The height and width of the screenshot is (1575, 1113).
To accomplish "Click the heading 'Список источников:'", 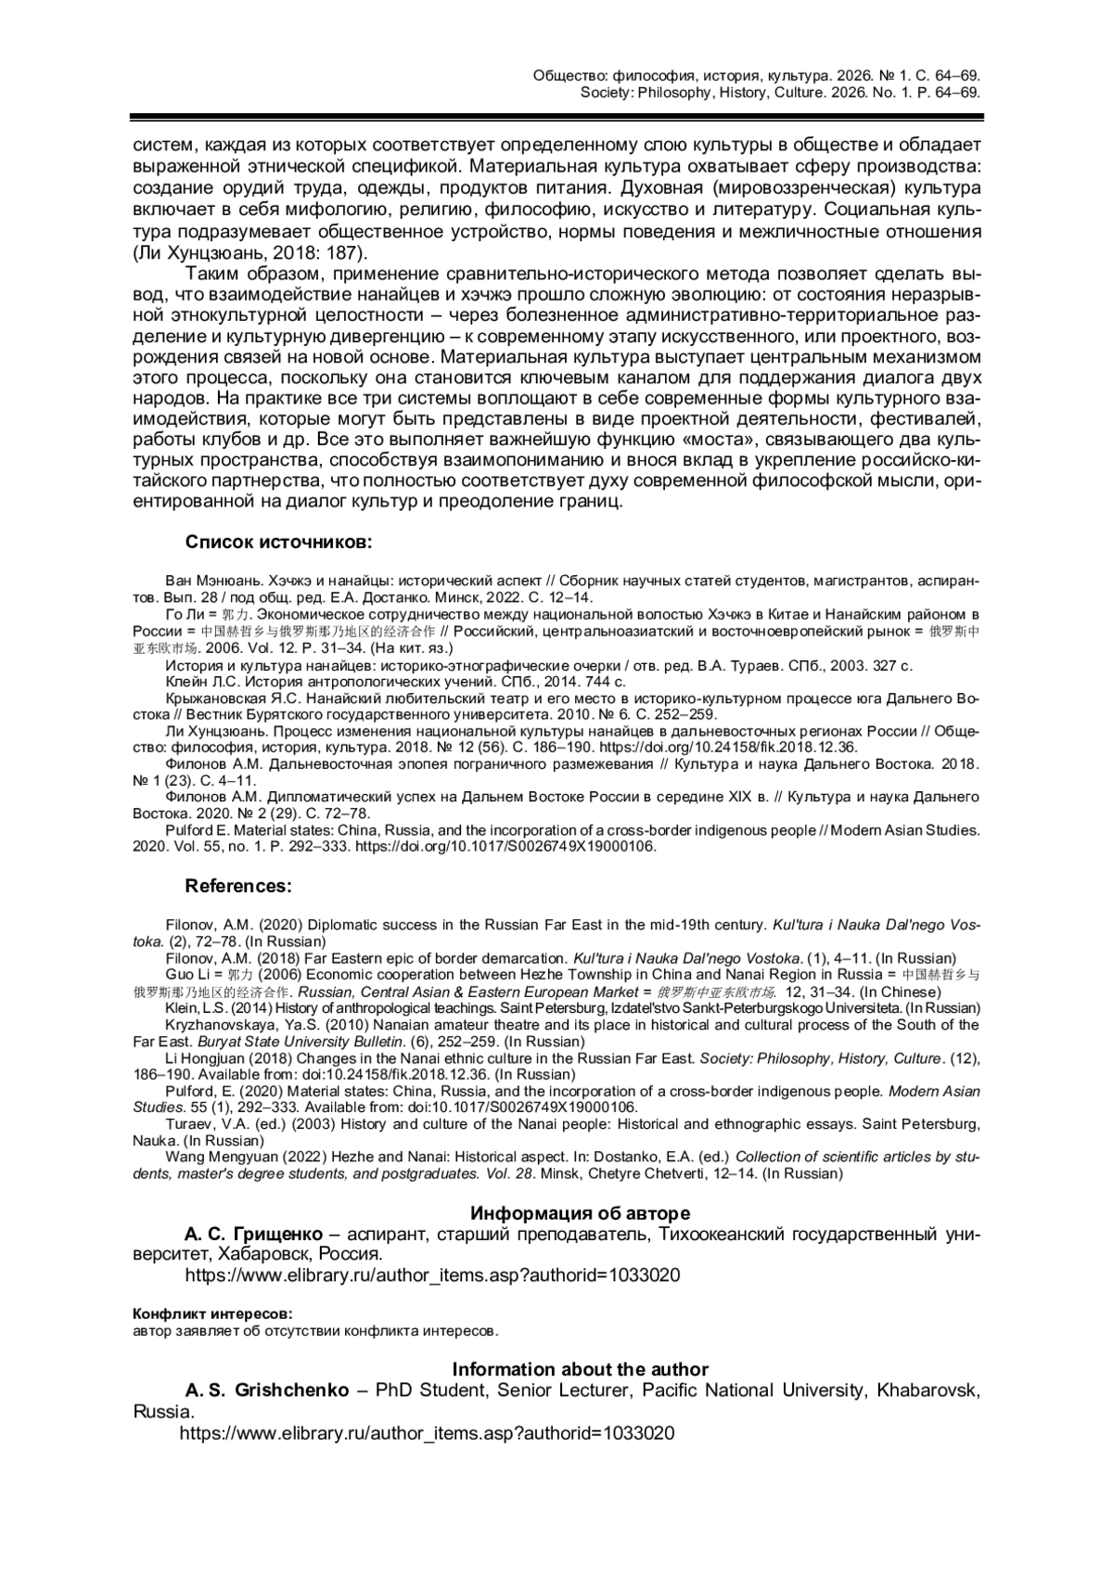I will tap(278, 542).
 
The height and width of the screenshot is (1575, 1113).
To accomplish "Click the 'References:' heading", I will tap(238, 886).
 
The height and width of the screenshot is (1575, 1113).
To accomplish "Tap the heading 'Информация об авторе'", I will tap(580, 1213).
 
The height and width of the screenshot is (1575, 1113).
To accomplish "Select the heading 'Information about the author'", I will tap(580, 1369).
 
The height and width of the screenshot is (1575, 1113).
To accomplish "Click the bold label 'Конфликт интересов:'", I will tap(212, 1313).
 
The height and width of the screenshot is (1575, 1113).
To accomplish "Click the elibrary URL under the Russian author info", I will tap(432, 1275).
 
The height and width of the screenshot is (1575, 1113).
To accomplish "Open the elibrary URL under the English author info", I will tap(427, 1432).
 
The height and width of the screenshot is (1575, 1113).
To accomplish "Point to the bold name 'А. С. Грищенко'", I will tap(253, 1235).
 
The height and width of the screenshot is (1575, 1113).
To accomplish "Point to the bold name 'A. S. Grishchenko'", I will tap(267, 1390).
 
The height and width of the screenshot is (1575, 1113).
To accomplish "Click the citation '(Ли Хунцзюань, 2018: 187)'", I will tap(250, 253).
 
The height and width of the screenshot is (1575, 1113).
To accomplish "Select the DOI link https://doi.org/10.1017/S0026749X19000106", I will tap(506, 846).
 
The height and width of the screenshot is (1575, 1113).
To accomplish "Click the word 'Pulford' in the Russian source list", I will tap(187, 830).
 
